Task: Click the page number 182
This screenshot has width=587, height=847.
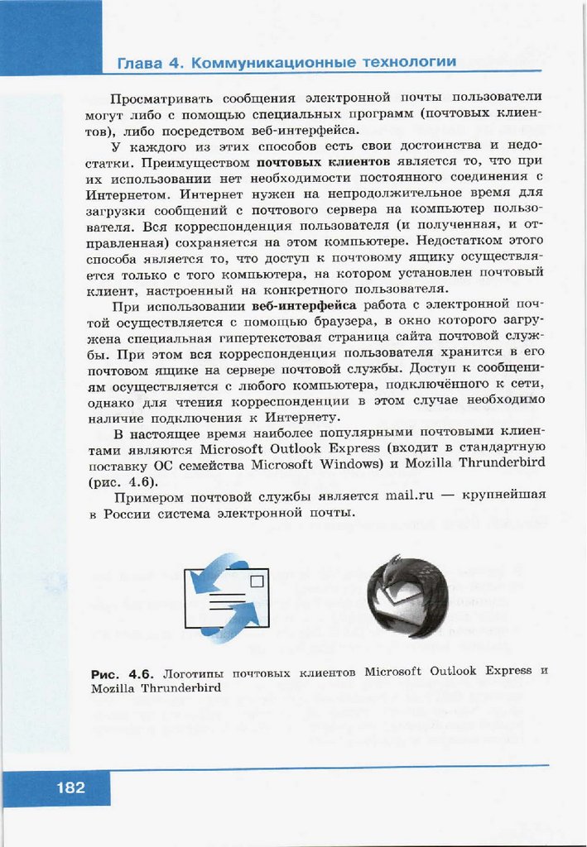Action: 71,787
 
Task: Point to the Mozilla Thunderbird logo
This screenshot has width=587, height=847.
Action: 407,596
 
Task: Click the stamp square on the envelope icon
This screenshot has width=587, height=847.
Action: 257,581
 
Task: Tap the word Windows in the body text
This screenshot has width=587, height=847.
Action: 342,463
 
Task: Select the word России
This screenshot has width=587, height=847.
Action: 127,513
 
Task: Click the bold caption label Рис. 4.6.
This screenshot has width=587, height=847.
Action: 123,672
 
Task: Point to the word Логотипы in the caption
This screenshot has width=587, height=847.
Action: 194,672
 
